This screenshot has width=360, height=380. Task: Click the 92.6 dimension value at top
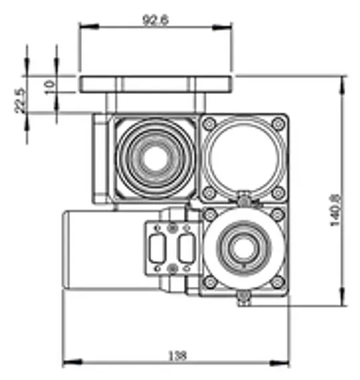(x=155, y=20)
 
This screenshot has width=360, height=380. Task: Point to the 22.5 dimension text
(x=20, y=101)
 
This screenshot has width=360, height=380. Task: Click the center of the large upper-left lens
(x=157, y=159)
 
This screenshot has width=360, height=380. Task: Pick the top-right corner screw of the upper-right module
(x=277, y=124)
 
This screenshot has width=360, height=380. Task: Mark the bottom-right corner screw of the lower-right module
(x=277, y=285)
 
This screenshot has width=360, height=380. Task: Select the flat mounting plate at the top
(x=155, y=84)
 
